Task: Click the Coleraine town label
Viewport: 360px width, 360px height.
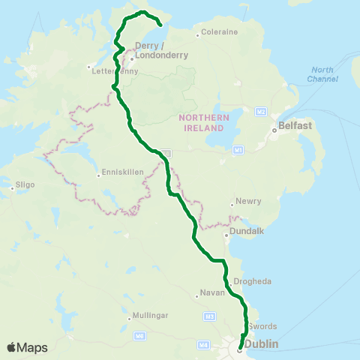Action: tap(219, 32)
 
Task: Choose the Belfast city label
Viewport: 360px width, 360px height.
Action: tap(295, 127)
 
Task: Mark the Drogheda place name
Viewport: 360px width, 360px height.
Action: tap(253, 280)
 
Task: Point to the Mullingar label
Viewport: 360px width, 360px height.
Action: tap(151, 315)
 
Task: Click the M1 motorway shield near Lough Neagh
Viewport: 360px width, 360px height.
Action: tap(238, 150)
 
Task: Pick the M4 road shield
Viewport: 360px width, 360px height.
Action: tap(202, 344)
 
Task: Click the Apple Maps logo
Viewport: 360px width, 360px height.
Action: tap(27, 348)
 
